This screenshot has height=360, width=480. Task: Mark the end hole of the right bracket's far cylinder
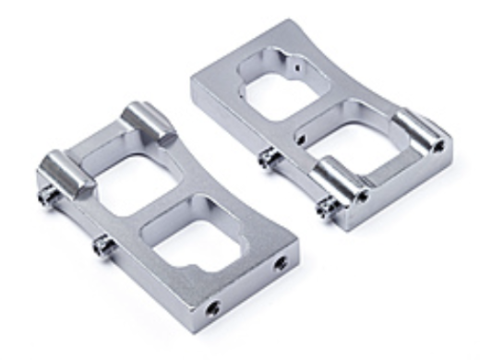pos(437,145)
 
